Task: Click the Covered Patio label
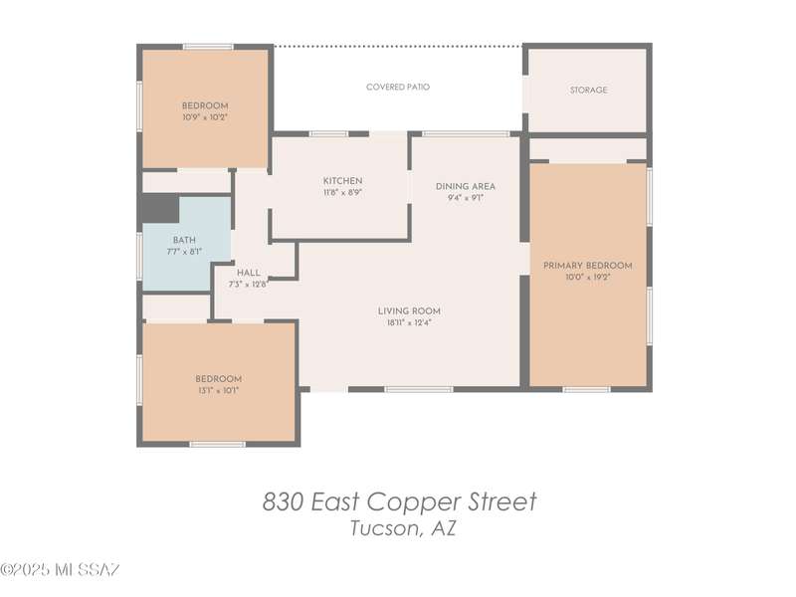pyautogui.click(x=398, y=87)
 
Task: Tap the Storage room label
pyautogui.click(x=588, y=90)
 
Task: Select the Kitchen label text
pyautogui.click(x=342, y=181)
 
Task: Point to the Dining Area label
pyautogui.click(x=466, y=186)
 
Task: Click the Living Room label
pyautogui.click(x=409, y=310)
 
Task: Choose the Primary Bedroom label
pyautogui.click(x=588, y=266)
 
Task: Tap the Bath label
pyautogui.click(x=184, y=240)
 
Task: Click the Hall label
pyautogui.click(x=248, y=273)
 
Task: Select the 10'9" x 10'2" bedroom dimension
pyautogui.click(x=205, y=117)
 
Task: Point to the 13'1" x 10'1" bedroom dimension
pyautogui.click(x=218, y=390)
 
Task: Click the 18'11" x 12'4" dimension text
pyautogui.click(x=409, y=322)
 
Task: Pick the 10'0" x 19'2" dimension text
pyautogui.click(x=588, y=278)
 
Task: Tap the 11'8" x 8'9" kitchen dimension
pyautogui.click(x=342, y=192)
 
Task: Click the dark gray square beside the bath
pyautogui.click(x=160, y=208)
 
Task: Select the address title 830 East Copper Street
pyautogui.click(x=400, y=501)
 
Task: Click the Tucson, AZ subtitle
pyautogui.click(x=403, y=528)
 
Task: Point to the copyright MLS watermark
pyautogui.click(x=60, y=569)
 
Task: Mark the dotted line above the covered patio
pyautogui.click(x=399, y=46)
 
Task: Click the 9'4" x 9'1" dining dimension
pyautogui.click(x=466, y=198)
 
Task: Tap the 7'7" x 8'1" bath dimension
pyautogui.click(x=184, y=252)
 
